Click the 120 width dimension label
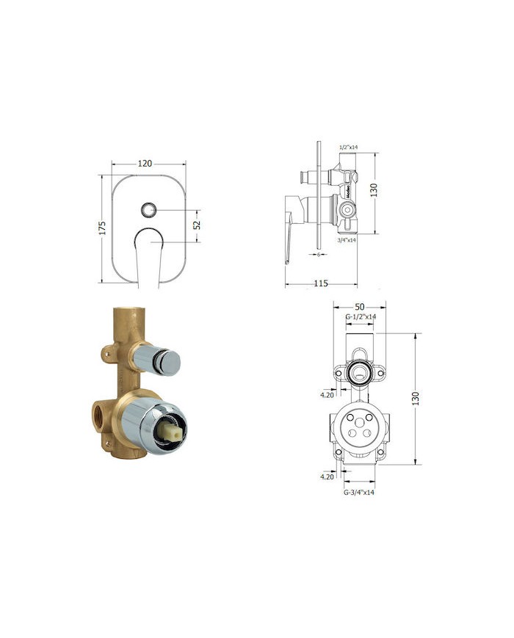point(145,163)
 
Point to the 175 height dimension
point(104,228)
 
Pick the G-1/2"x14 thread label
point(361,316)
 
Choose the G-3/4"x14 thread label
point(359,492)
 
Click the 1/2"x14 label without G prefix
point(348,148)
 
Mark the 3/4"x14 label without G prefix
point(347,239)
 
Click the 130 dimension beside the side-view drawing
point(373,190)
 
